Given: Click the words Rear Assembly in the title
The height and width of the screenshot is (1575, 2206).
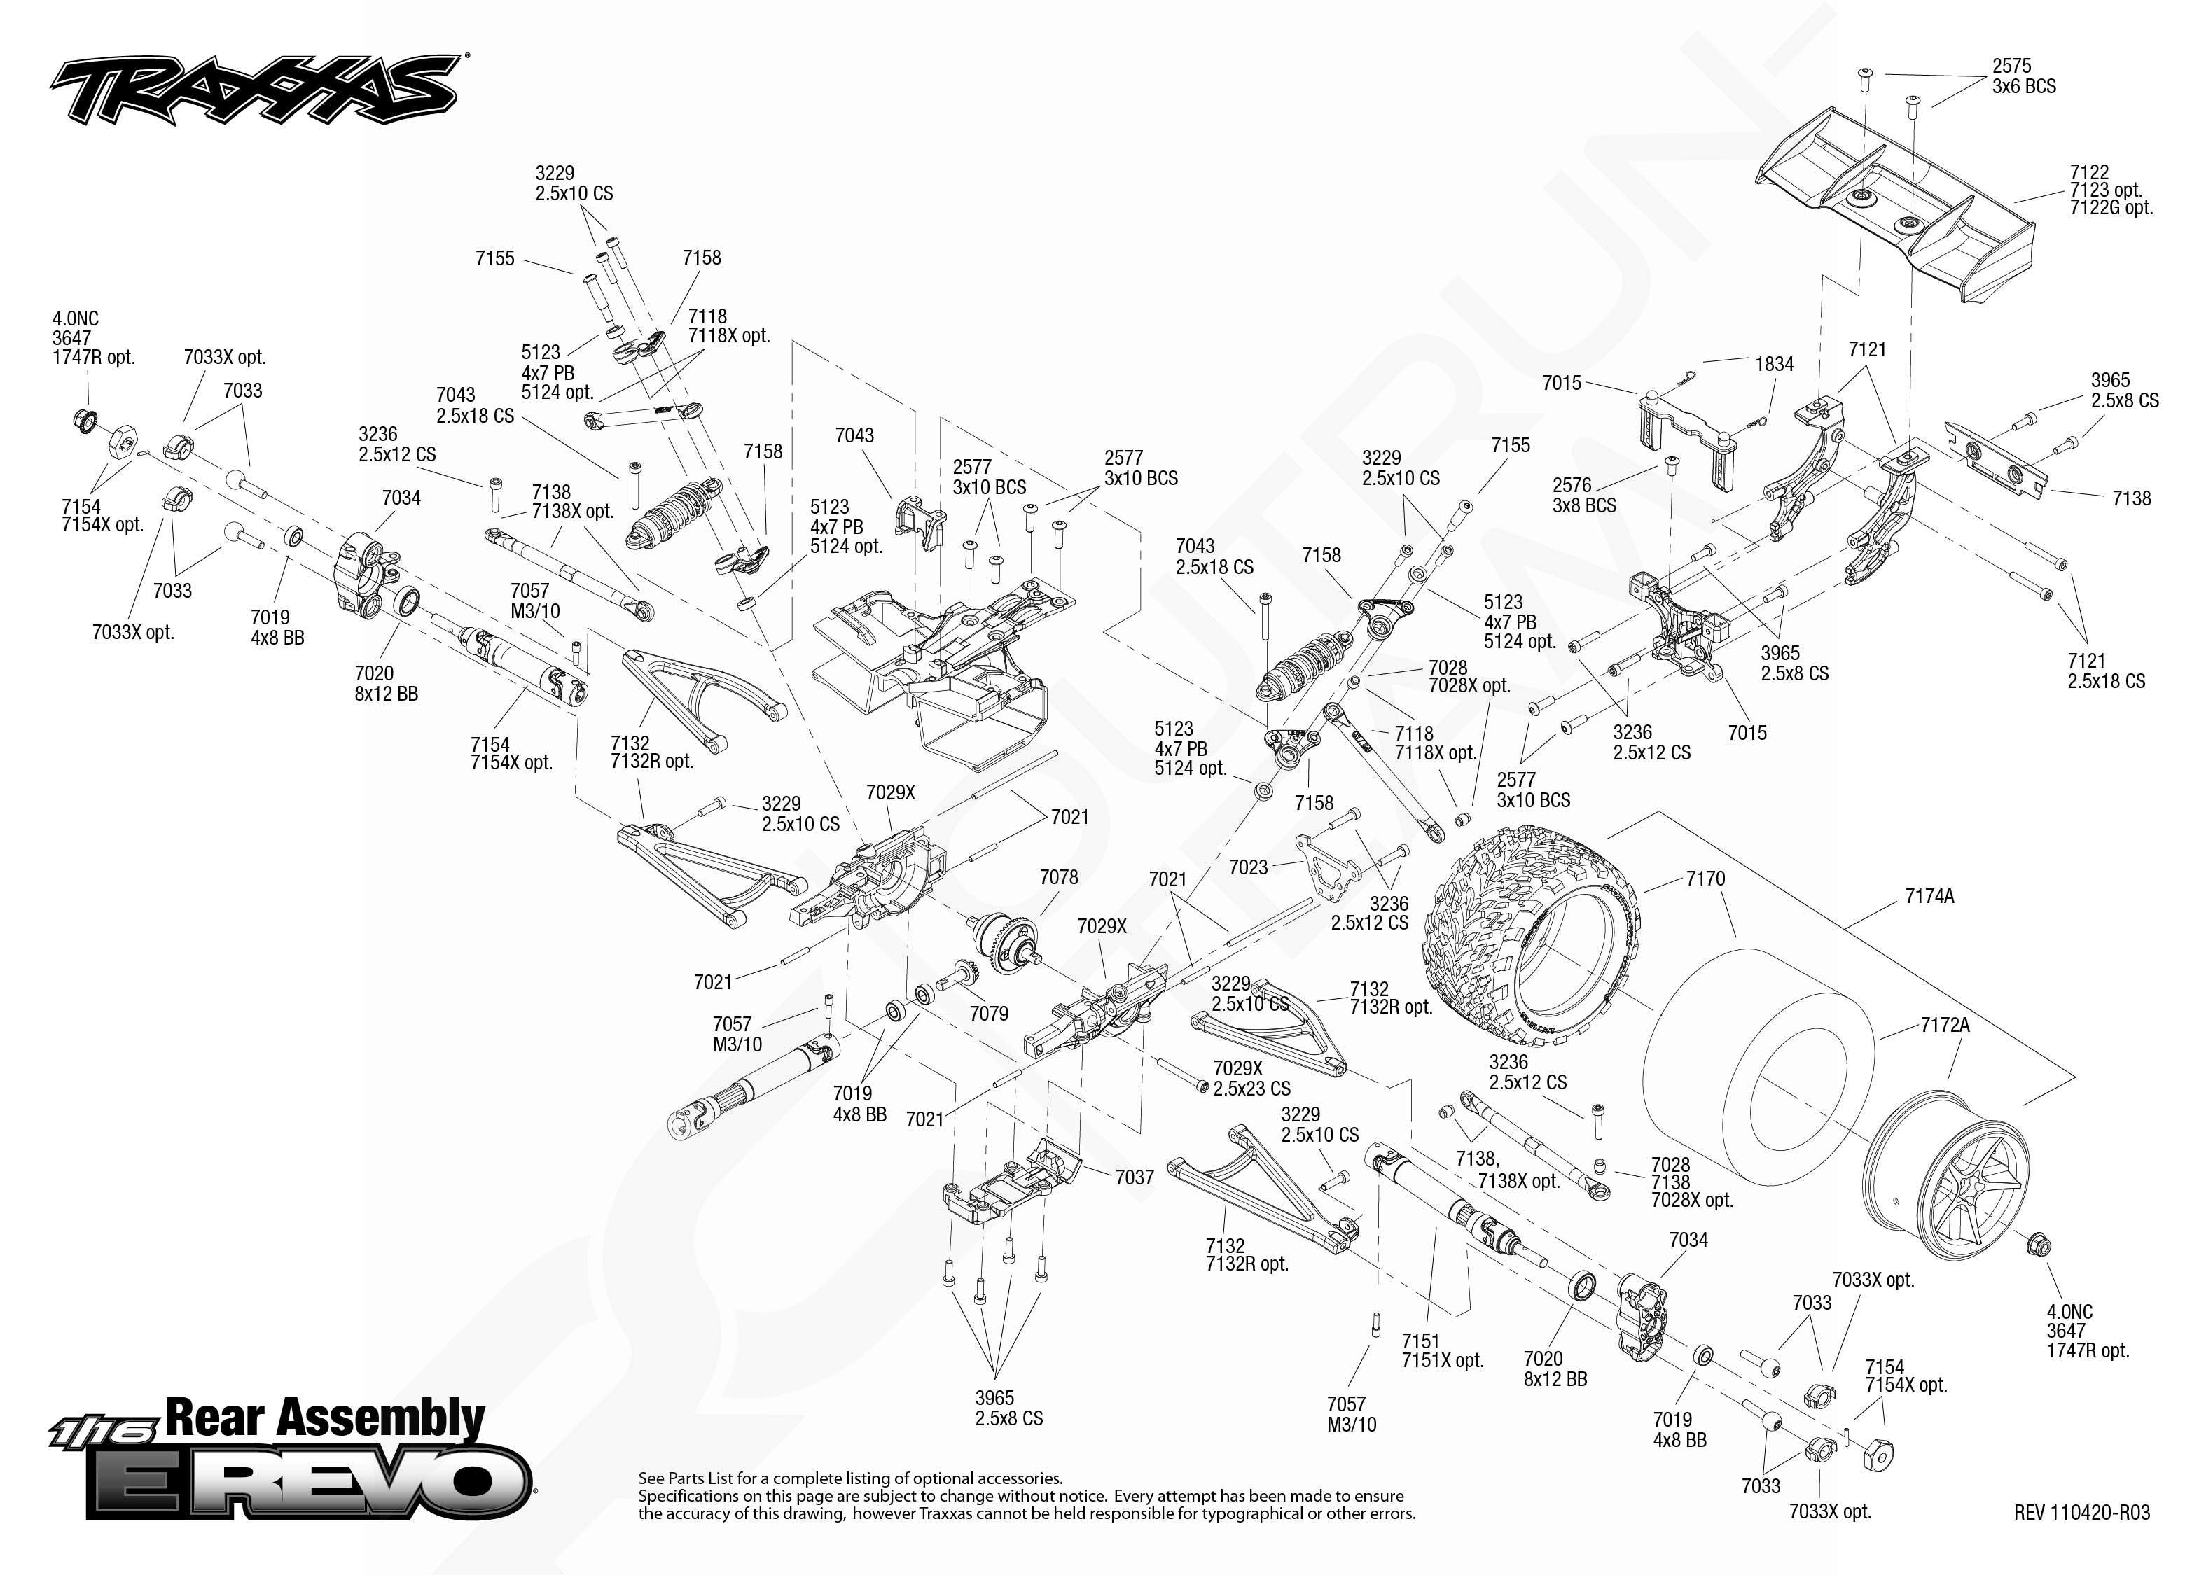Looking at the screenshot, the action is click(x=325, y=1418).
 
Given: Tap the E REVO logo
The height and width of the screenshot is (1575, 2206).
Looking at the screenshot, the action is click(x=309, y=1482).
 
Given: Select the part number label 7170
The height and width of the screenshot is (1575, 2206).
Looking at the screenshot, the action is click(x=1705, y=878).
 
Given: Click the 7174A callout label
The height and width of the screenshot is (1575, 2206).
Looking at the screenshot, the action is click(x=1929, y=896).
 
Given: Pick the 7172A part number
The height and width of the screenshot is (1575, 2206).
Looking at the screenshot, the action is click(x=1945, y=1025).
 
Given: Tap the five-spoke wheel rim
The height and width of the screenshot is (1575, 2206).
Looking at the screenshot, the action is click(x=1948, y=1190).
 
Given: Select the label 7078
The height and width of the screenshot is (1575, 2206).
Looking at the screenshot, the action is click(x=1058, y=876).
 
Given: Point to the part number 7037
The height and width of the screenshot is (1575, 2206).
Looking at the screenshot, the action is click(x=1134, y=1177).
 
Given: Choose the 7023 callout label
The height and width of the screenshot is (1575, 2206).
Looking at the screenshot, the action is click(x=1249, y=867).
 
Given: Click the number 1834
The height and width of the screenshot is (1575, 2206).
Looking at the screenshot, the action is click(x=1775, y=364).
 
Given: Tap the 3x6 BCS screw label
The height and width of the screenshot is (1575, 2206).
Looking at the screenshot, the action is click(x=2024, y=86).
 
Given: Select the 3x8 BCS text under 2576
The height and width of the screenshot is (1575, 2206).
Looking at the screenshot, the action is click(x=1584, y=505).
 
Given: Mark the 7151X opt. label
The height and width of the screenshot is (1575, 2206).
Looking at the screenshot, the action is click(x=1443, y=1359).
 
